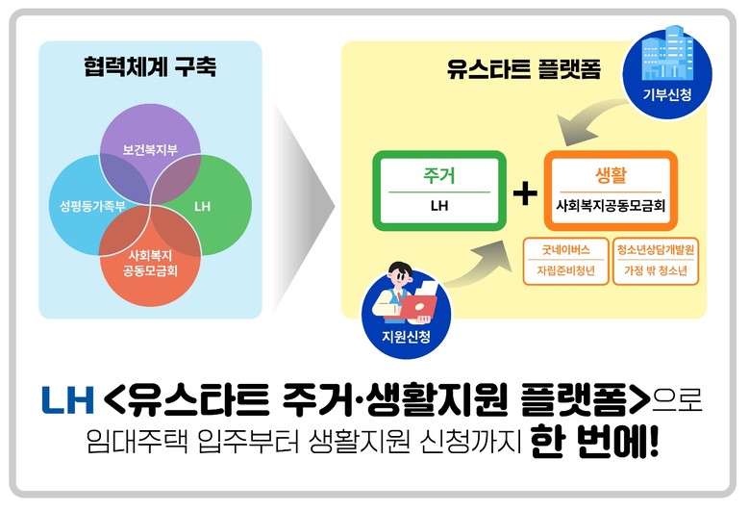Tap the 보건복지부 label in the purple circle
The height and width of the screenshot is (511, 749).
click(149, 152)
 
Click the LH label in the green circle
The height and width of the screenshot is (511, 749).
click(202, 206)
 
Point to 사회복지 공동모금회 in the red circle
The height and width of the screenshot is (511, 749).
click(150, 262)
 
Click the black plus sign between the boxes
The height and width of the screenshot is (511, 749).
click(524, 192)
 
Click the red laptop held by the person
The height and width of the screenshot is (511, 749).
click(416, 305)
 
